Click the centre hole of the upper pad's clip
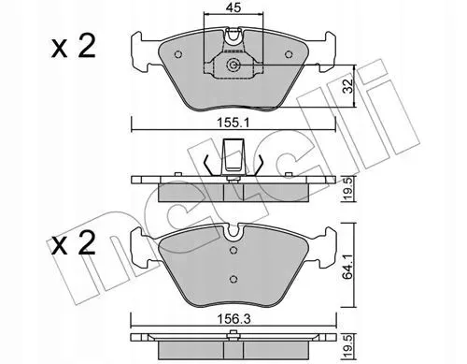pyautogui.click(x=234, y=66)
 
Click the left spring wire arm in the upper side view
pyautogui.click(x=205, y=164)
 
